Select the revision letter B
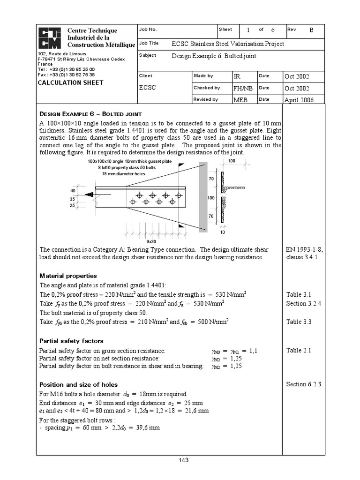point(311,30)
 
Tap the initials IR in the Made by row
point(237,76)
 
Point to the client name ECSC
point(147,87)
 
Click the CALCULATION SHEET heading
point(70,83)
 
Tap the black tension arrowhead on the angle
point(89,195)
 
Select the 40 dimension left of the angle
point(73,191)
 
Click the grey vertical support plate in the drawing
point(203,197)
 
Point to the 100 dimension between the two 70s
point(211,198)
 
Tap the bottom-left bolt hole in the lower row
point(133,202)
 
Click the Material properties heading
point(68,276)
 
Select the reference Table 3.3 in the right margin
point(299,322)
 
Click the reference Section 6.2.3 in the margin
point(303,384)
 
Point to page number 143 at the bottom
point(183,460)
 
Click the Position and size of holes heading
point(79,384)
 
